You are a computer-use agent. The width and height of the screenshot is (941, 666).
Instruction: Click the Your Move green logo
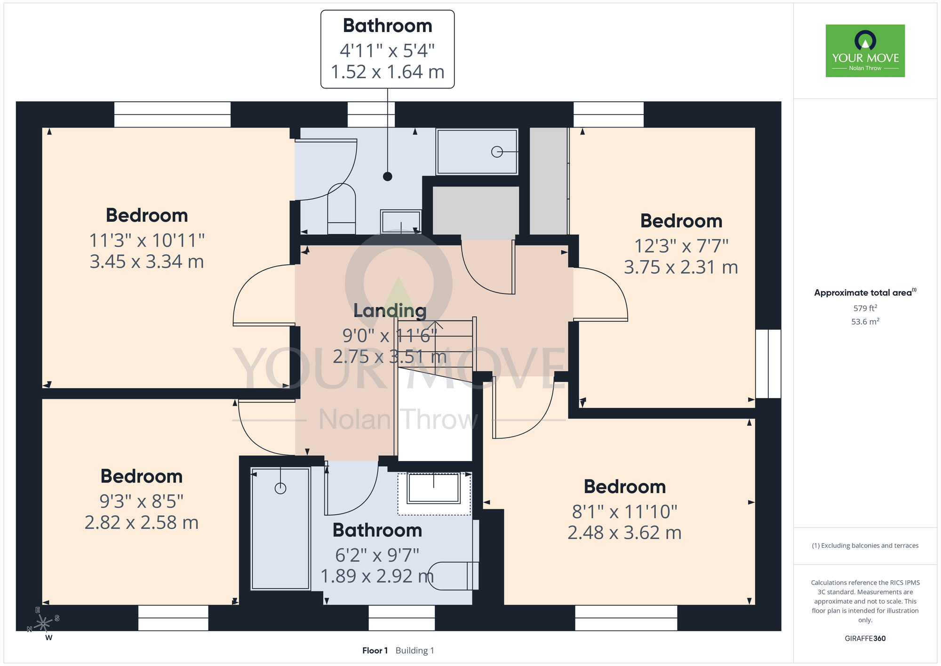[865, 51]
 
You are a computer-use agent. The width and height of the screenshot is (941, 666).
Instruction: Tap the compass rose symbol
[44, 623]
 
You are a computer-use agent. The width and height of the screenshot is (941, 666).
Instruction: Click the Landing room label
[390, 311]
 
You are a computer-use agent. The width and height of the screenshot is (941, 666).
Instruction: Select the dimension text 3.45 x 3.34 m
[147, 262]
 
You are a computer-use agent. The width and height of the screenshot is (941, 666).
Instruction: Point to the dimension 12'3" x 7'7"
[681, 246]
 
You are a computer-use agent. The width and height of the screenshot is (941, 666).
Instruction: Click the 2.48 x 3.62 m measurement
[624, 533]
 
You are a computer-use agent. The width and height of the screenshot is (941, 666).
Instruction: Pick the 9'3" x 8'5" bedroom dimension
[142, 502]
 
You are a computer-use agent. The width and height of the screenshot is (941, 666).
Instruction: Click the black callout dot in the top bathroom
[388, 177]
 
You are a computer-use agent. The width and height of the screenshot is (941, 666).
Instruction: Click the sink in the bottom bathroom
[433, 488]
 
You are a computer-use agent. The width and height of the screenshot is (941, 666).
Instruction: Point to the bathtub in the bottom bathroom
[280, 528]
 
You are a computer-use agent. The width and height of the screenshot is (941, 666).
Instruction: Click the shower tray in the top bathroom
[477, 152]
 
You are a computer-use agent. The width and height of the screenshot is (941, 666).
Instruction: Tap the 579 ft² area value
[865, 308]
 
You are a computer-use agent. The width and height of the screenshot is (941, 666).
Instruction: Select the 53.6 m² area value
[865, 322]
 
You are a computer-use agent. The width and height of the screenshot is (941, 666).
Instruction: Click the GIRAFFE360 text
[865, 639]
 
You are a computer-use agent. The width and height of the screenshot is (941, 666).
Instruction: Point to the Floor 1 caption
[375, 650]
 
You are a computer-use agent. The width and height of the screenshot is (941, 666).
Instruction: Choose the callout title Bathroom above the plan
[388, 26]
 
